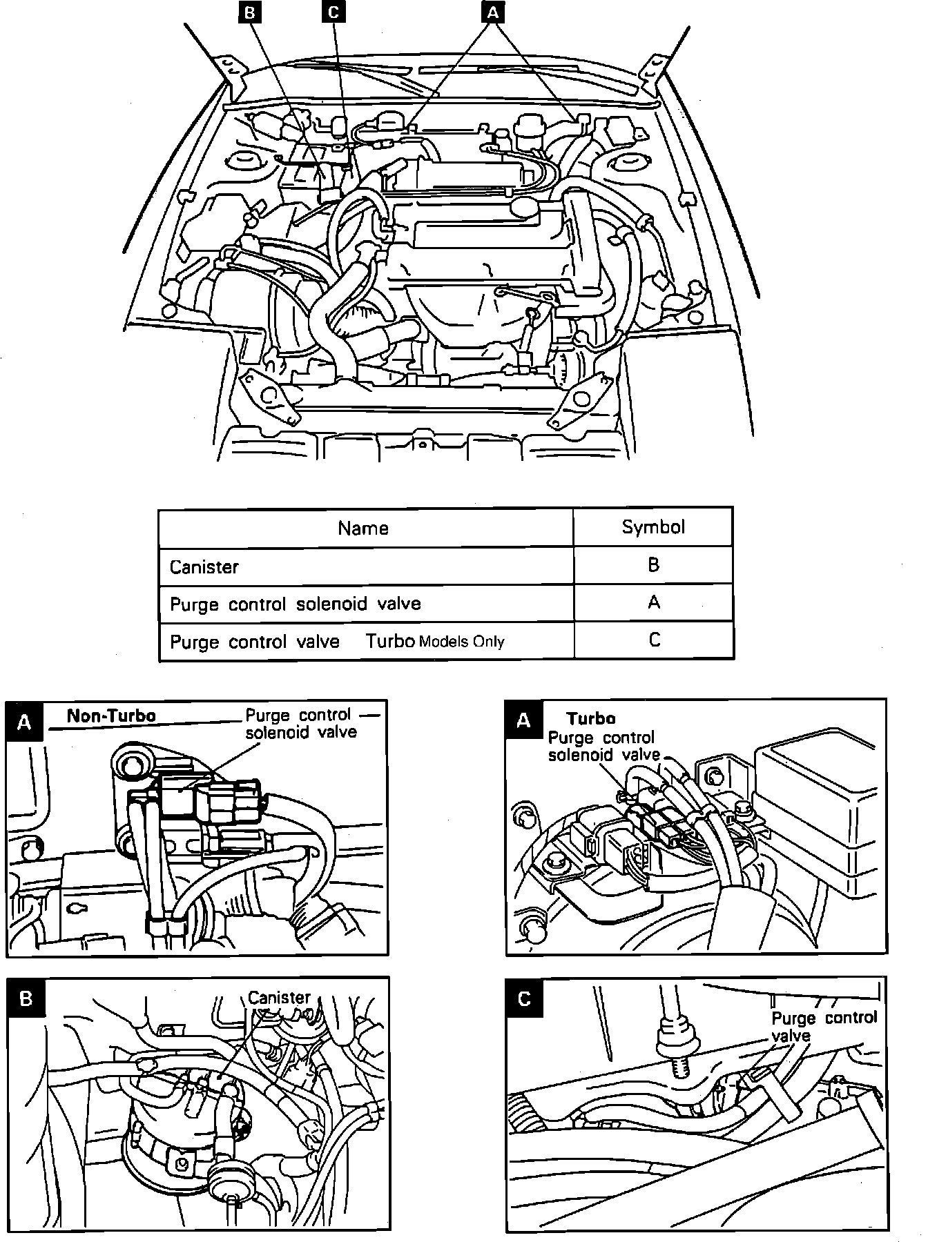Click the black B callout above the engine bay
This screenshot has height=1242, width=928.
(250, 12)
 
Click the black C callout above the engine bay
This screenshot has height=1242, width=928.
(332, 12)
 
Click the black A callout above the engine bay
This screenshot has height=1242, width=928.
(492, 12)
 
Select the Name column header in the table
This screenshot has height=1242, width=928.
(363, 529)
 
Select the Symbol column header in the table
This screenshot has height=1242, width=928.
(653, 527)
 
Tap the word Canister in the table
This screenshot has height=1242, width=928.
(204, 567)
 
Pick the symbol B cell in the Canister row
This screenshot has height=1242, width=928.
(654, 565)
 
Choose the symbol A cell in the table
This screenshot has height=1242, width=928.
(654, 602)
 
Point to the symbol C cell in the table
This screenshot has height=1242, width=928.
(654, 640)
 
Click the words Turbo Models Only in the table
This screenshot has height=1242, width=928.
(435, 642)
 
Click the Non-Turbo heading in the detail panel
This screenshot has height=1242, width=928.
(110, 716)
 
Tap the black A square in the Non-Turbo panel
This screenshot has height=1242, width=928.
(25, 722)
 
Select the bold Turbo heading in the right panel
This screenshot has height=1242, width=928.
(591, 718)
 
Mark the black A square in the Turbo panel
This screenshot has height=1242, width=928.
(524, 721)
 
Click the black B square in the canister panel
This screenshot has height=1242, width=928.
(26, 999)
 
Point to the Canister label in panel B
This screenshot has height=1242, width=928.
(279, 998)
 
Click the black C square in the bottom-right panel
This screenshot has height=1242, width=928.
(524, 999)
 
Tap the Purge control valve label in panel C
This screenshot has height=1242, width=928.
(823, 1027)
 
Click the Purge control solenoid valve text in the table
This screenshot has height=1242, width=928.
(295, 604)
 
